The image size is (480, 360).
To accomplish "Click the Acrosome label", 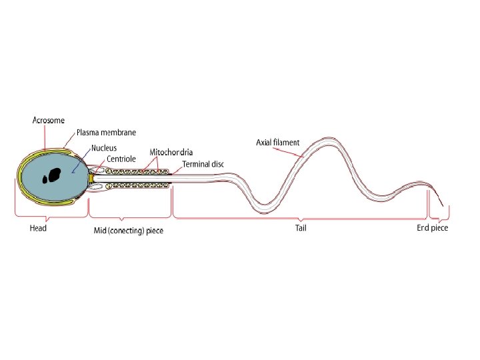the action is (49, 120).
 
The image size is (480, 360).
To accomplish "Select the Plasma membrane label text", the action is (107, 133).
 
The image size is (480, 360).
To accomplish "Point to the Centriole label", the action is (121, 159).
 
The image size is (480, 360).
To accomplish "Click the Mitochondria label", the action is (171, 152).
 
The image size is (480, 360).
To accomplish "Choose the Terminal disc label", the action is (203, 164).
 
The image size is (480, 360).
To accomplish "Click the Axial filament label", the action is (278, 142).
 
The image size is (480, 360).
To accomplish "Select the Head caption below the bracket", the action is (38, 228).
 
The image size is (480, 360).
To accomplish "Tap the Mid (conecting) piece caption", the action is (128, 230).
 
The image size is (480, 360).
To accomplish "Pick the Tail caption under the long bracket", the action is (301, 228).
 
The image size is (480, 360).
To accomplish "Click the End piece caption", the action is (433, 228).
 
